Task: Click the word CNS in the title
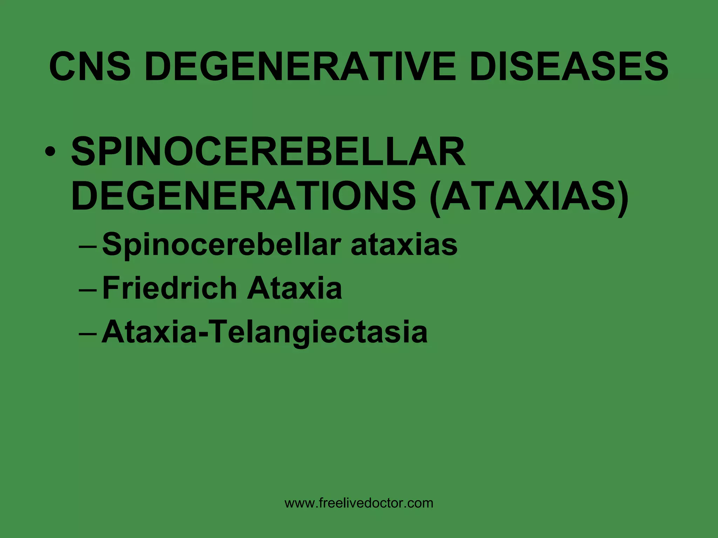tap(90, 66)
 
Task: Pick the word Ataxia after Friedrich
tap(294, 288)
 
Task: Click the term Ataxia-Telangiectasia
tap(264, 332)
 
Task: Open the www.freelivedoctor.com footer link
tap(359, 503)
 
